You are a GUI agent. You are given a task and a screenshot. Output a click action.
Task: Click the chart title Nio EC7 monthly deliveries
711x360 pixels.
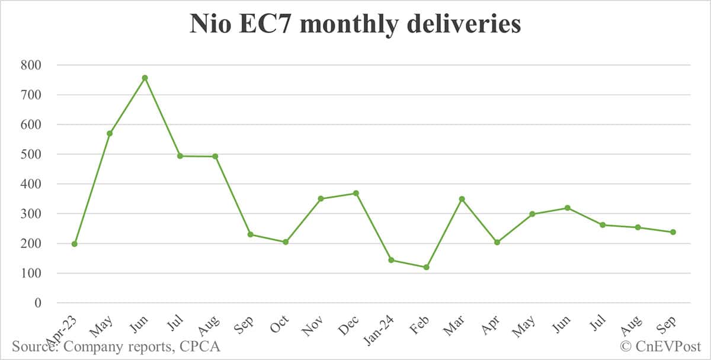click(x=355, y=24)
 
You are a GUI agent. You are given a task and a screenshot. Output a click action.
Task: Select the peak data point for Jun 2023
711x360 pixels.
click(x=145, y=78)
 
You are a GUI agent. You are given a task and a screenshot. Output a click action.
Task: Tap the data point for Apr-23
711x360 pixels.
click(x=74, y=244)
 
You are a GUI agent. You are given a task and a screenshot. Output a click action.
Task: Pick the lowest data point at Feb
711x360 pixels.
click(x=426, y=267)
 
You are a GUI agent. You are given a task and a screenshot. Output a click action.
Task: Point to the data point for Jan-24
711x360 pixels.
click(x=391, y=260)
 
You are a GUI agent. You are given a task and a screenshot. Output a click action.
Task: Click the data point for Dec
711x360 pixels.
click(x=355, y=193)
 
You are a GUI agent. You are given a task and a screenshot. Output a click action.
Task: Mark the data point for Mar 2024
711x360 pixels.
click(x=462, y=199)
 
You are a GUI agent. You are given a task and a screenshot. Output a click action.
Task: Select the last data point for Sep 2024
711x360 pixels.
click(x=673, y=232)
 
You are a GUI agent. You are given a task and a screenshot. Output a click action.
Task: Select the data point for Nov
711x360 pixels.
click(x=321, y=199)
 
